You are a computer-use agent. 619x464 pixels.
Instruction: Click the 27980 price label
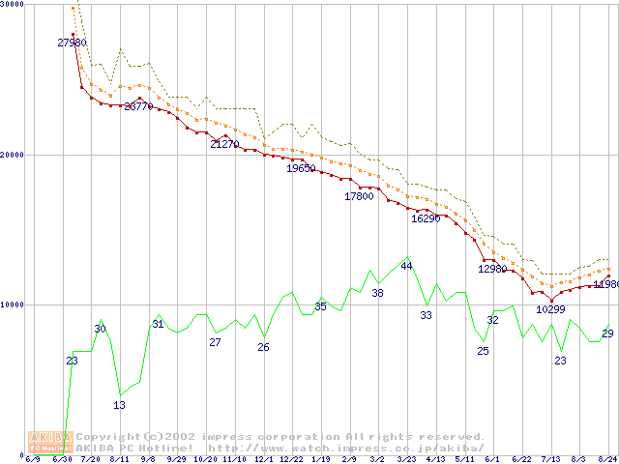coord(73,43)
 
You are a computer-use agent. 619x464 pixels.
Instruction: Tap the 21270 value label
coord(224,144)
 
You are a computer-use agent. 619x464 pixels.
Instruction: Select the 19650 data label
coord(301,168)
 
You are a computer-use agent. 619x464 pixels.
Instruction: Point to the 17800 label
coord(359,196)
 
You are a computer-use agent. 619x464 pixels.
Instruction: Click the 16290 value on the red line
coord(426,218)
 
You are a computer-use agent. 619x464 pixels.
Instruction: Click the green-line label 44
coord(406,265)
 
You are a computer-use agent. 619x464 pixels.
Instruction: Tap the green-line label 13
coord(119,405)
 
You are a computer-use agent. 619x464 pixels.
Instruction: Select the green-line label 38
coord(377,293)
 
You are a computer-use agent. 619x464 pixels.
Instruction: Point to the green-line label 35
coord(320,306)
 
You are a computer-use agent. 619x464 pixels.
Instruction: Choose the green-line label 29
coord(607,333)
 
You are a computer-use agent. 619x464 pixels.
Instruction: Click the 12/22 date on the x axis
coord(292,459)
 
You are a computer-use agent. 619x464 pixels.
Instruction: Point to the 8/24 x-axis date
coord(607,459)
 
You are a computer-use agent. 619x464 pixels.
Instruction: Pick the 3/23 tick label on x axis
coord(406,459)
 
